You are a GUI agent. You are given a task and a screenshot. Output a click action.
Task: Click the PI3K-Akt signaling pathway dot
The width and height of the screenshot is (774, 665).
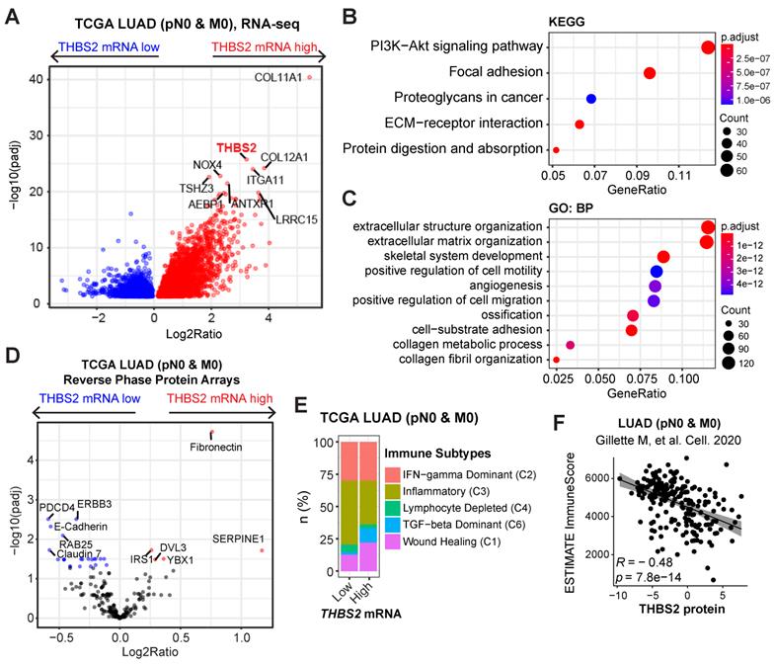coord(708,46)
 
